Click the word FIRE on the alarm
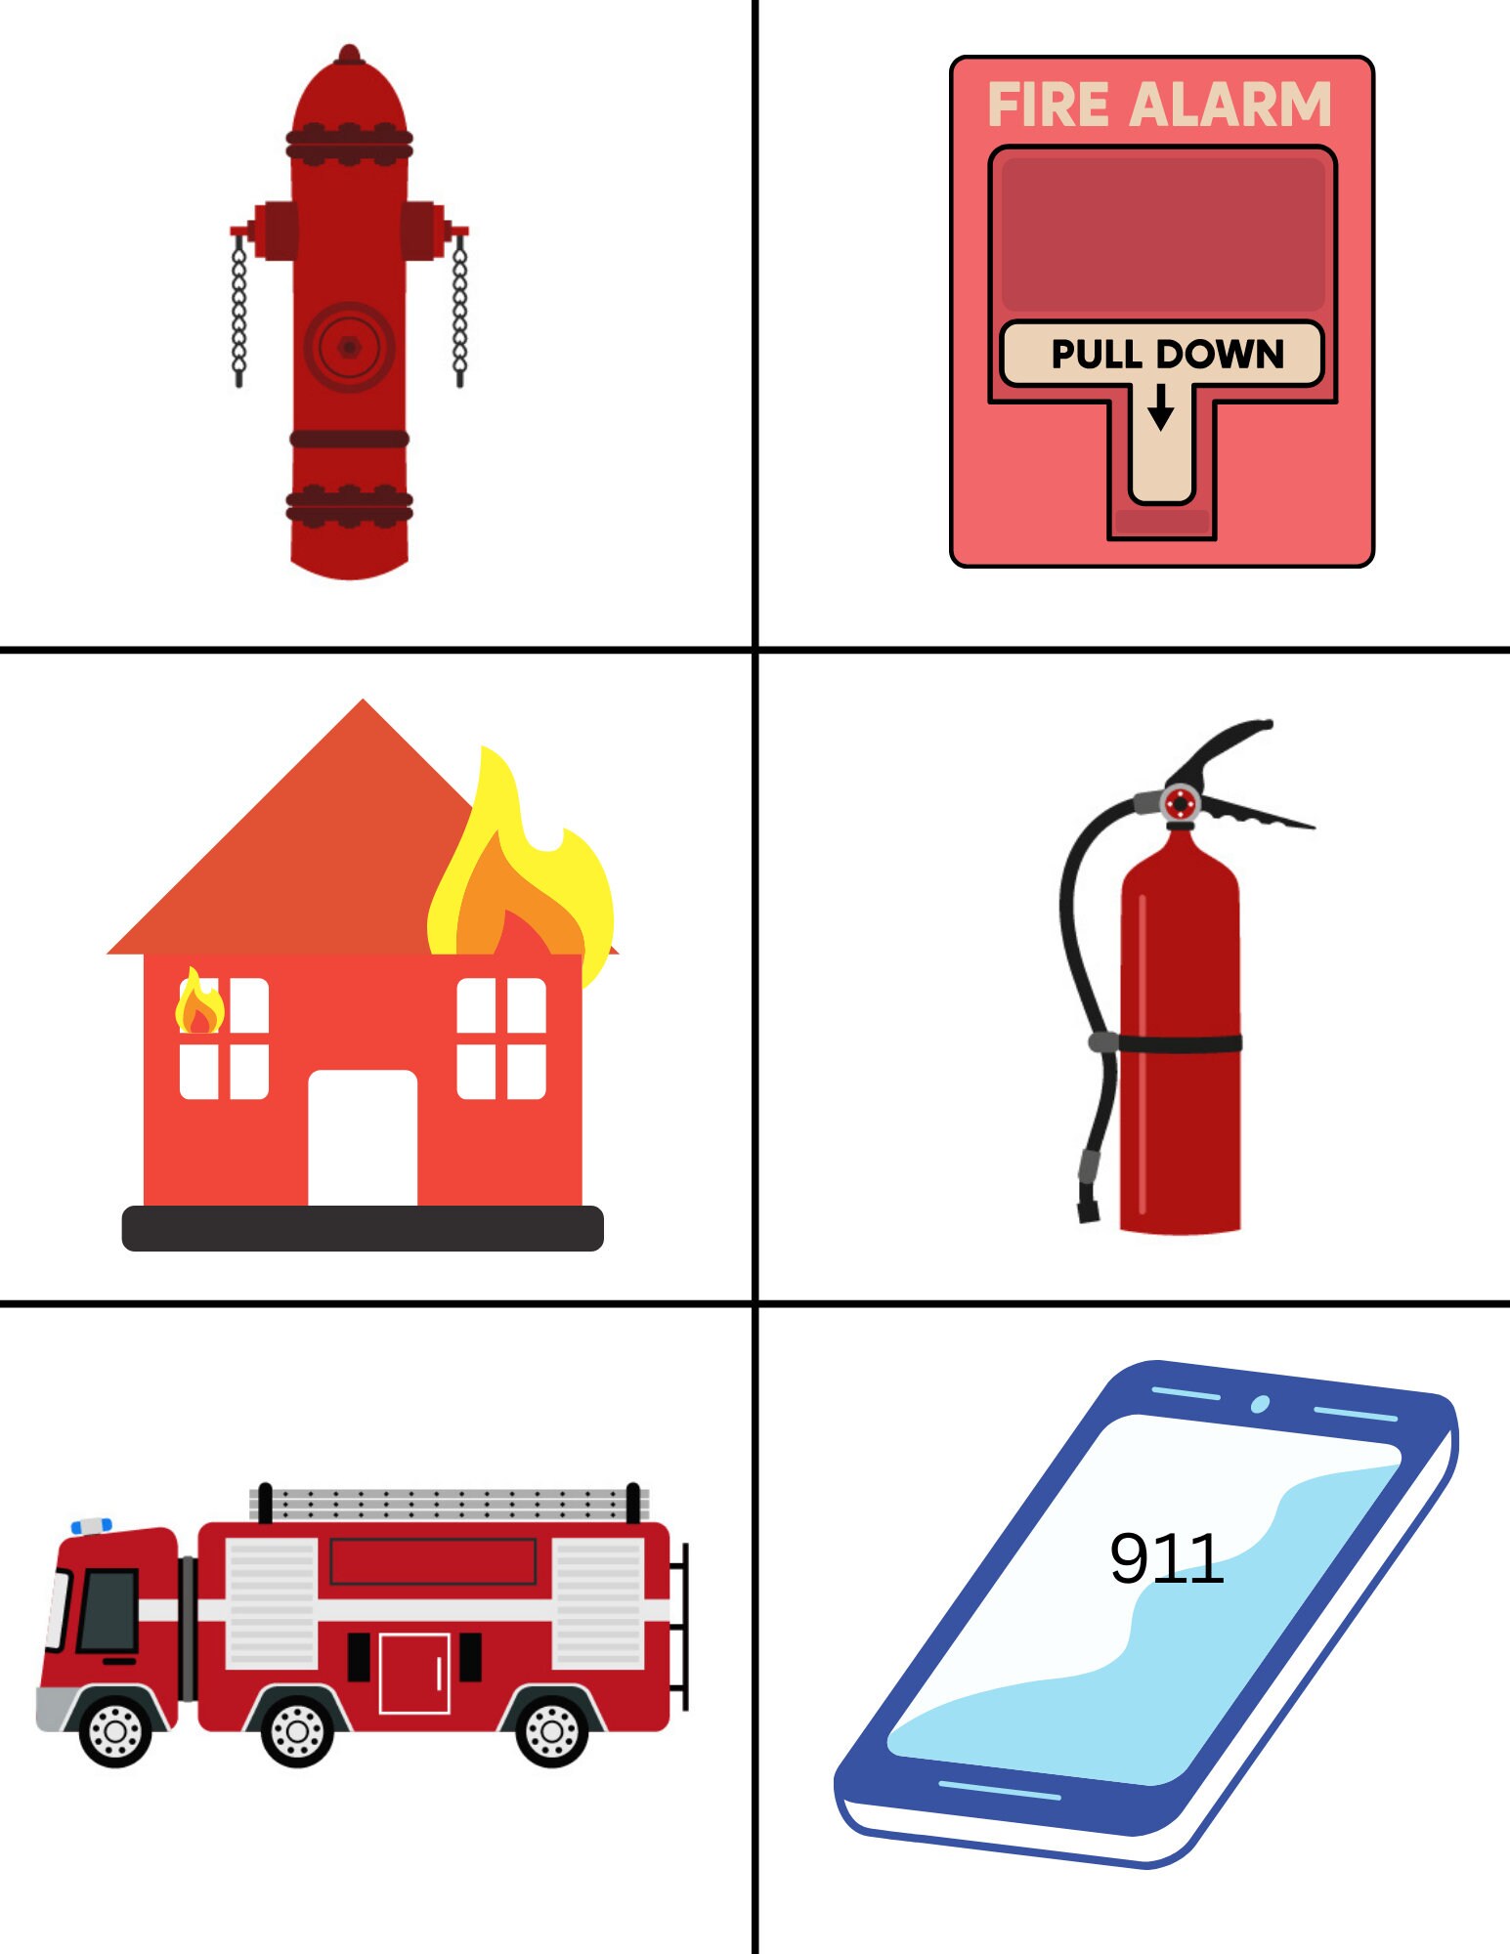[1048, 105]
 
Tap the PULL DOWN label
[1167, 354]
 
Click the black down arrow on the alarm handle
[1160, 407]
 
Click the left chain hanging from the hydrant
[238, 311]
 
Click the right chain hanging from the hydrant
[460, 311]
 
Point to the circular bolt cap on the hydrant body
[349, 346]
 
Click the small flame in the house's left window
[199, 1005]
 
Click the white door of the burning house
[363, 1138]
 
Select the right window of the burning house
[501, 1038]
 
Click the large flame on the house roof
[518, 870]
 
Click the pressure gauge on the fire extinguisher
[1181, 804]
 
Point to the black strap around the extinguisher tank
[1180, 1043]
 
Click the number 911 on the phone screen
[1166, 1558]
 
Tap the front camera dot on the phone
[1260, 1404]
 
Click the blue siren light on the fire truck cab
[92, 1526]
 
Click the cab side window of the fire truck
[108, 1610]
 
